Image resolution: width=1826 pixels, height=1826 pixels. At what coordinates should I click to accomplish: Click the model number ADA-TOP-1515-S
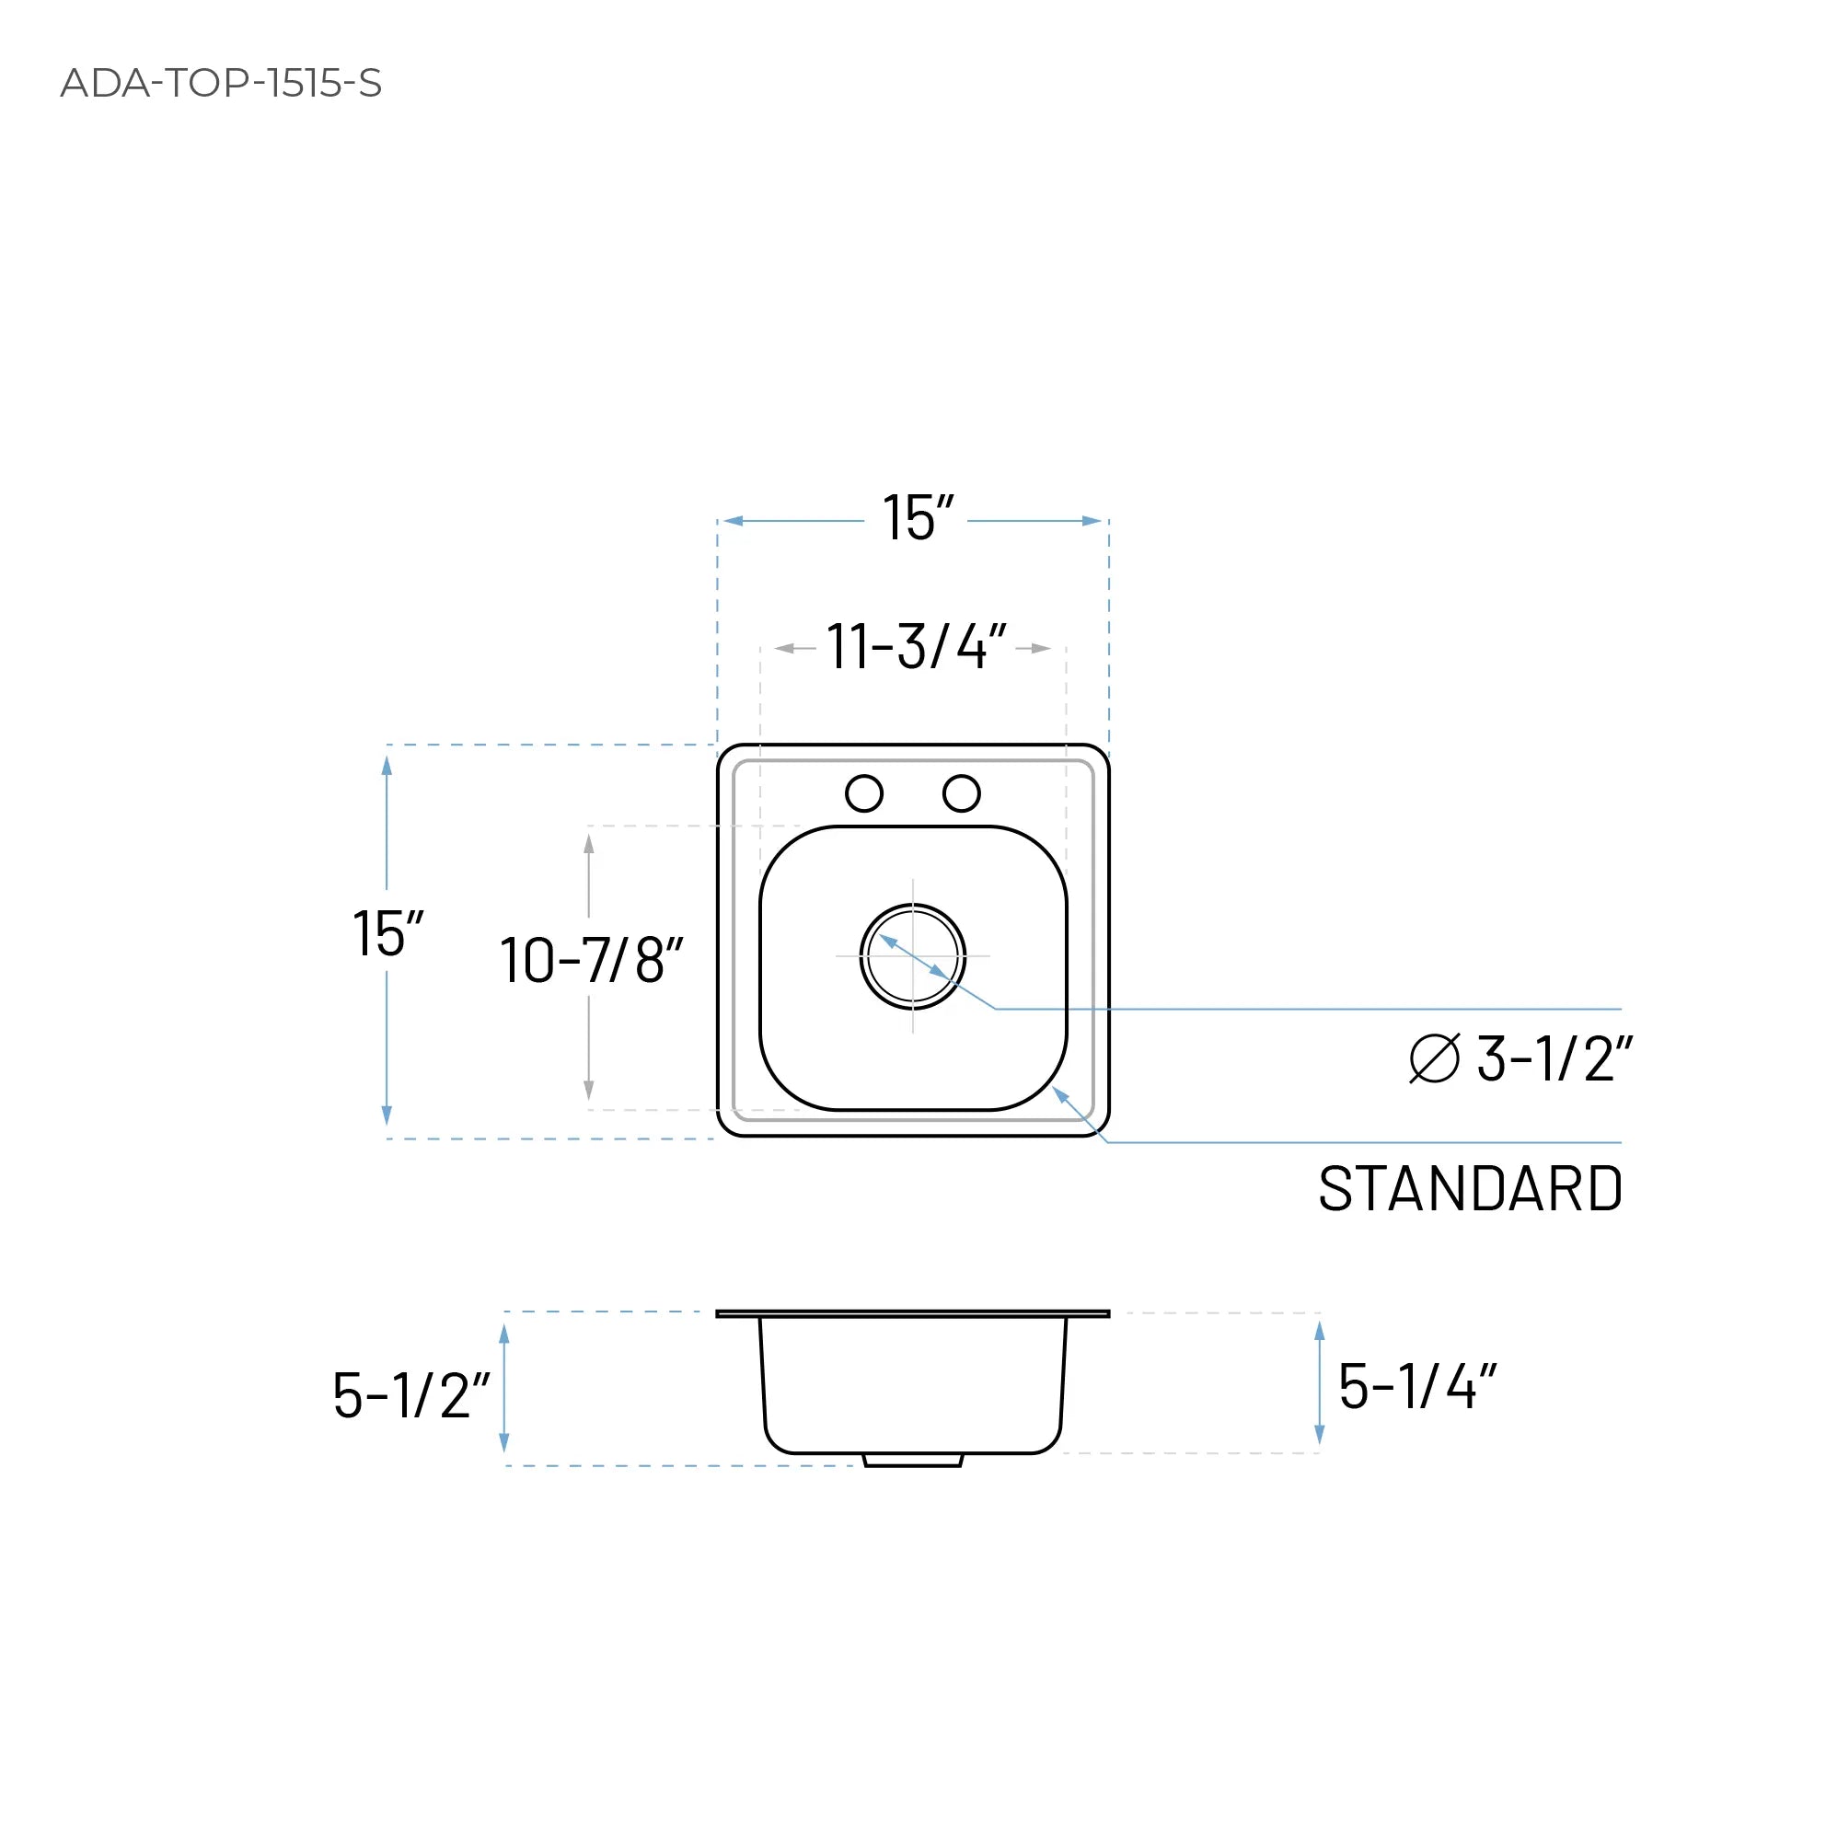[220, 83]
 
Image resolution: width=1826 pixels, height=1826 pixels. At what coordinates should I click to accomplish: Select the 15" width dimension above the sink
[917, 518]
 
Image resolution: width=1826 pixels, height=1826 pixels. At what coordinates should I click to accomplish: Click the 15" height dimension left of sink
[387, 934]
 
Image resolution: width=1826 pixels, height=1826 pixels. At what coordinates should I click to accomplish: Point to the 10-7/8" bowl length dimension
[591, 960]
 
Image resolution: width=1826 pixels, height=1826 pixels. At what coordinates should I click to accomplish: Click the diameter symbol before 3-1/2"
[1434, 1058]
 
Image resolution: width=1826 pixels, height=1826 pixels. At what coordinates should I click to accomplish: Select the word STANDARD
[1470, 1189]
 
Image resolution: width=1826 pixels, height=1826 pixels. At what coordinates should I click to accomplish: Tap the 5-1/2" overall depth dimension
[411, 1395]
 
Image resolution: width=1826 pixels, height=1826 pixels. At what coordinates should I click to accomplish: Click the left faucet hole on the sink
[864, 793]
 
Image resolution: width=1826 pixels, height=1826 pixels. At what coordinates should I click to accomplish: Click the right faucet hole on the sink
[961, 793]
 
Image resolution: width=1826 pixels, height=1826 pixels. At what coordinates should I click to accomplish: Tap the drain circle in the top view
[912, 955]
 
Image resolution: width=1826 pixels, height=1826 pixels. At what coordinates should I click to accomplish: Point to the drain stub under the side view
[912, 1462]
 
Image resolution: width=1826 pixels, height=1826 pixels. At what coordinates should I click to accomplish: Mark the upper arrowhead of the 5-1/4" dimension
[1320, 1332]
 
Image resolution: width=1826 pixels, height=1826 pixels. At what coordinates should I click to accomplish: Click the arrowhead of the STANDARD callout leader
[1059, 1093]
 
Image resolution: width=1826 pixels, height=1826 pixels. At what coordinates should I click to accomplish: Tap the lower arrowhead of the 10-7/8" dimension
[589, 1090]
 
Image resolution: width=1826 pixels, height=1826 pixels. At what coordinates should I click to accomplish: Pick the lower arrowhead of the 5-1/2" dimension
[503, 1442]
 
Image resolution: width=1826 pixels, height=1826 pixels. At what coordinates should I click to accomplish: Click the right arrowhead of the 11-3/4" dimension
[1042, 648]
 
